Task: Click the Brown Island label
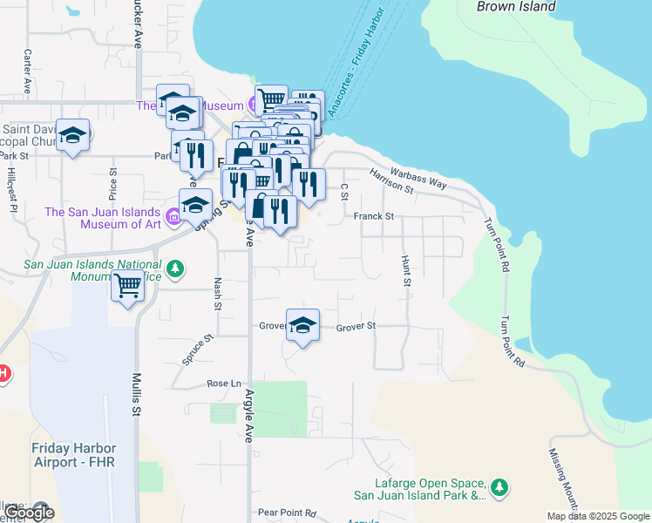(x=516, y=7)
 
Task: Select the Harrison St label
(x=390, y=180)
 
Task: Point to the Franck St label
(x=375, y=215)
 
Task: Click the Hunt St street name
(x=405, y=271)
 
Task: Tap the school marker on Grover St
(x=302, y=325)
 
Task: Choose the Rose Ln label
(x=223, y=384)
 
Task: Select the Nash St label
(x=217, y=294)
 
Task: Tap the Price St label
(x=112, y=184)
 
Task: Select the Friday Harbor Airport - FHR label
(x=73, y=454)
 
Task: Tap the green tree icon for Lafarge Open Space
(x=499, y=486)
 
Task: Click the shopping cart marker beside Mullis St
(x=128, y=285)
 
